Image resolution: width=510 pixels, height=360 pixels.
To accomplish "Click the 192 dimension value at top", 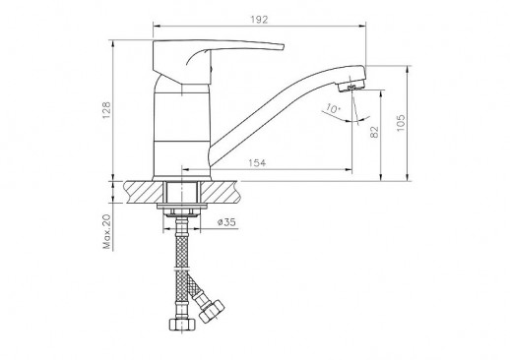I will click(x=260, y=17).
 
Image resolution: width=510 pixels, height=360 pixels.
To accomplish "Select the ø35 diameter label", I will click(x=226, y=222).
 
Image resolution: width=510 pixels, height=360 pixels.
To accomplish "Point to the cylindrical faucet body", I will click(x=182, y=128).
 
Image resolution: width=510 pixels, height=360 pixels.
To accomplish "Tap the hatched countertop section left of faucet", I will click(x=144, y=191).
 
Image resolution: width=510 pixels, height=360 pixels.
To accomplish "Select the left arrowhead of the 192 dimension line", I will click(x=156, y=27).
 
